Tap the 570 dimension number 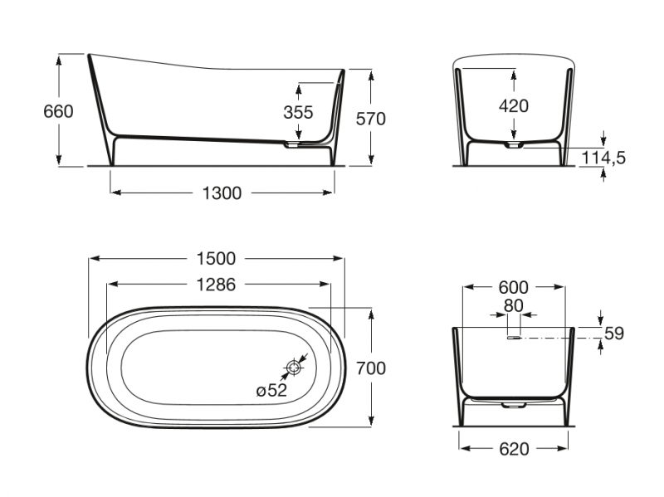pos(370,119)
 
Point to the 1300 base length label pos(222,193)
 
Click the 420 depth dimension pos(514,106)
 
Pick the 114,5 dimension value pos(627,158)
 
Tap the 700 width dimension pos(370,368)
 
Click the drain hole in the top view pos(294,366)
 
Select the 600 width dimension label pos(514,288)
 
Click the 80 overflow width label pos(514,305)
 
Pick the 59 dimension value pos(614,334)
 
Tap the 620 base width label pos(514,449)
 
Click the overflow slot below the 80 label pos(514,337)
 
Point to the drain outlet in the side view pos(291,144)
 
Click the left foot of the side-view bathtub pos(114,149)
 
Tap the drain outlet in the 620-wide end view pos(514,404)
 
